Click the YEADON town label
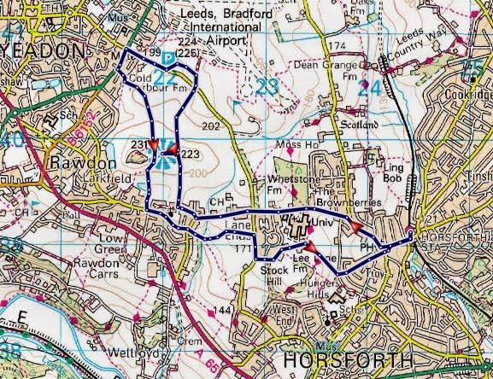[44, 50]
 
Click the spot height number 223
[190, 154]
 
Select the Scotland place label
[360, 125]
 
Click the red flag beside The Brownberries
[354, 226]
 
